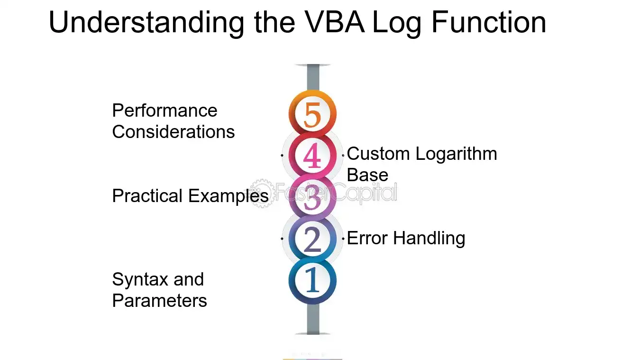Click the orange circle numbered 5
[x=312, y=113]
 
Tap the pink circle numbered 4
[x=312, y=155]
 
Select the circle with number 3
[x=312, y=197]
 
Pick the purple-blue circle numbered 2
[x=312, y=239]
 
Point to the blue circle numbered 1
[x=312, y=280]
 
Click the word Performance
[x=165, y=111]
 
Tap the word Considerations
[x=174, y=132]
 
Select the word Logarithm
[x=456, y=155]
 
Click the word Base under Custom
[x=367, y=175]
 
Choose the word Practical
[x=147, y=196]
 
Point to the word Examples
[x=229, y=196]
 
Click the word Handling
[x=429, y=239]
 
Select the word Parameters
[x=159, y=301]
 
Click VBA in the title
[x=334, y=22]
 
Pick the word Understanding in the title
[x=146, y=23]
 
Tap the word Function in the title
[x=489, y=22]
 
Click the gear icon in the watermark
[x=262, y=193]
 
